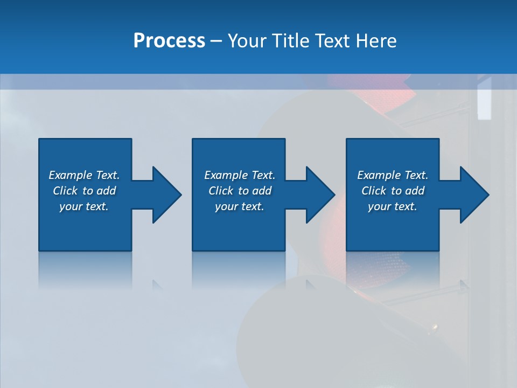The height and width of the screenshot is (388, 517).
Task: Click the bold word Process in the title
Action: click(169, 41)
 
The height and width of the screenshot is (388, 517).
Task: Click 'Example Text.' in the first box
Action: click(84, 175)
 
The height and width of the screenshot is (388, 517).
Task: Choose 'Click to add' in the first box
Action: click(84, 191)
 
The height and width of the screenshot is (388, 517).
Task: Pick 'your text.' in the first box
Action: click(84, 206)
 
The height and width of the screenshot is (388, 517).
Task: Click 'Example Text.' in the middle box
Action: click(240, 175)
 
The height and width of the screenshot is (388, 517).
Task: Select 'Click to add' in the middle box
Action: click(240, 191)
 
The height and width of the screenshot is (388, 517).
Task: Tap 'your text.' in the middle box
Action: click(240, 206)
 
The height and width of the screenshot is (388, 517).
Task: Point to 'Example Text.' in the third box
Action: click(393, 175)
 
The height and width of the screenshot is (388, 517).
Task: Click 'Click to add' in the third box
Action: click(393, 191)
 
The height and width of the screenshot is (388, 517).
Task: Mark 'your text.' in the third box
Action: click(393, 206)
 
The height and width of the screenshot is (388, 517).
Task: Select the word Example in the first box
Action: click(71, 175)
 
